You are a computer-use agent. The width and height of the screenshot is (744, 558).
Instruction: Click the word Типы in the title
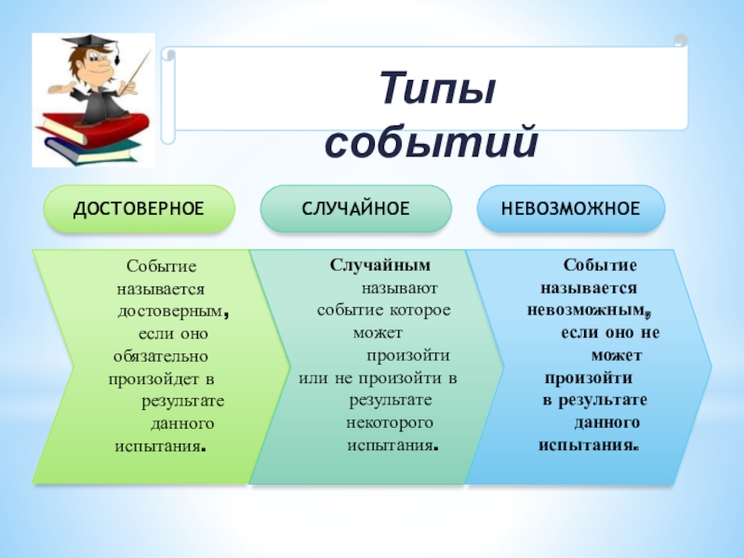[438, 88]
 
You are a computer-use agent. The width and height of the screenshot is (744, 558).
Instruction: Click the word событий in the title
[432, 141]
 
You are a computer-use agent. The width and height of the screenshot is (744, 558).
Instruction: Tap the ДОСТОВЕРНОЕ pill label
[139, 208]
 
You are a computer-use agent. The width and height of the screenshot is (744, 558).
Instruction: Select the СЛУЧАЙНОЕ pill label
[356, 208]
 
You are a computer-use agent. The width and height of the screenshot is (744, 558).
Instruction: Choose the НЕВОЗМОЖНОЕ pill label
[571, 208]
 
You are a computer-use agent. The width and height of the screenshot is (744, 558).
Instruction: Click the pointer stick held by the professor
[130, 81]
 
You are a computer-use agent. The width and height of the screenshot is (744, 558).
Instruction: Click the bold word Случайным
[380, 265]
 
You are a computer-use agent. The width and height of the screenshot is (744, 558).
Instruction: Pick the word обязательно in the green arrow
[161, 356]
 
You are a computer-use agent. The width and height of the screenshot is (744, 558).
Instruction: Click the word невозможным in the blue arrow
[587, 311]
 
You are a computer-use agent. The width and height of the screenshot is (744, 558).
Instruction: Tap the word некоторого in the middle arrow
[390, 423]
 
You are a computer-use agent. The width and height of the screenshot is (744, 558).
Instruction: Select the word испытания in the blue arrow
[587, 445]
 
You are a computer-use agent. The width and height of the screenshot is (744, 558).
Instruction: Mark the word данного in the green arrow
[182, 424]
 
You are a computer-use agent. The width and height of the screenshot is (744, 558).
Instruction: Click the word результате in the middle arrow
[391, 401]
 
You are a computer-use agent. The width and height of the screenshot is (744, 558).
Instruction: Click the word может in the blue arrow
[617, 355]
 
